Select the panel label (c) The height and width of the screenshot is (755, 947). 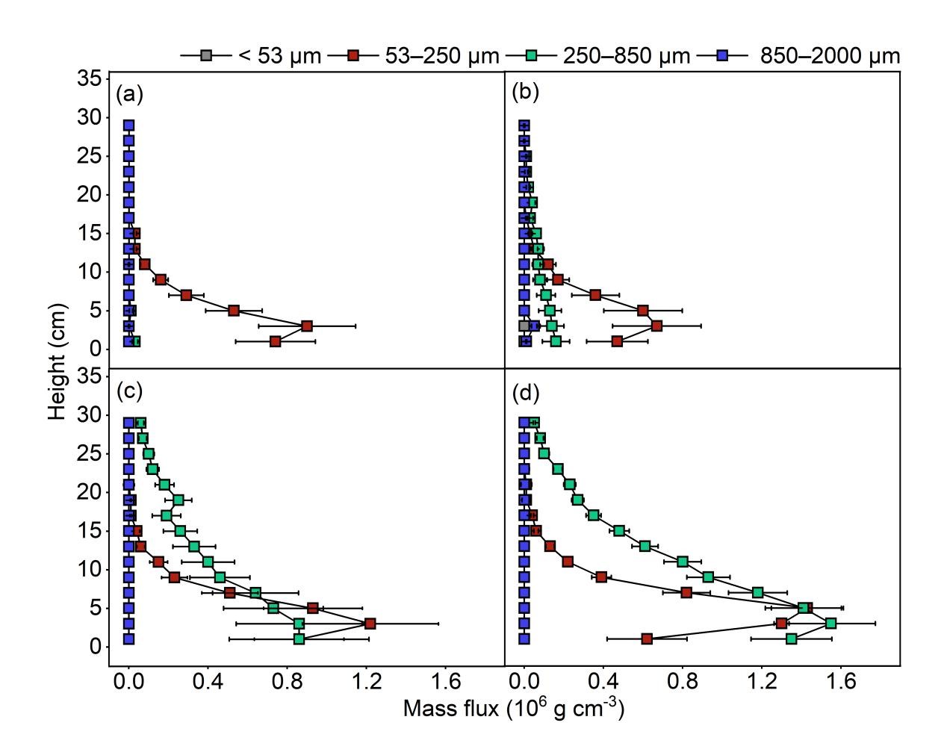click(x=129, y=391)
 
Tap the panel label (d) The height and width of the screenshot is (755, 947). click(x=525, y=391)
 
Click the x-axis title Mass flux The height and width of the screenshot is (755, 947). click(x=513, y=708)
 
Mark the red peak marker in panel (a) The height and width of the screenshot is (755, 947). click(x=307, y=326)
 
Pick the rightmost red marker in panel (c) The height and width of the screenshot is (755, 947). click(x=370, y=623)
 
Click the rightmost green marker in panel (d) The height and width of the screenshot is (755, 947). click(x=830, y=623)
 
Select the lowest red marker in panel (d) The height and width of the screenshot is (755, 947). click(x=647, y=639)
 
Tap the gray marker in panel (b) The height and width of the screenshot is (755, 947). click(x=524, y=326)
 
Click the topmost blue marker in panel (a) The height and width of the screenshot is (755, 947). click(x=128, y=125)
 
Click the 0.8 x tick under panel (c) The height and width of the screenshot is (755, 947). click(x=287, y=681)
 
